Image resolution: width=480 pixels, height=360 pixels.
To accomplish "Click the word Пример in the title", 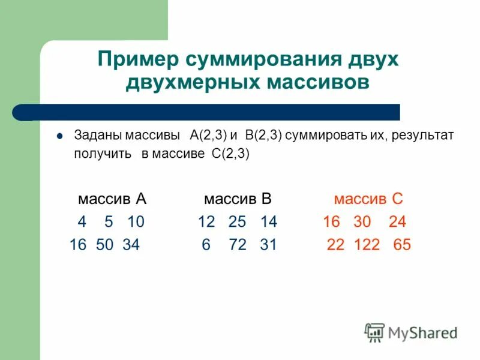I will point(137,60).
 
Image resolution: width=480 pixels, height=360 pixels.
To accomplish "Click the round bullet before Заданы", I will point(59,136).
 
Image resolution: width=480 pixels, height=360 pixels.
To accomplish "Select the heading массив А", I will point(112,199).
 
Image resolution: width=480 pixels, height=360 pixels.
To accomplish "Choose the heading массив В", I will point(238,199).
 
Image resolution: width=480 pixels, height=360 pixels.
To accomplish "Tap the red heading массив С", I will point(369,199).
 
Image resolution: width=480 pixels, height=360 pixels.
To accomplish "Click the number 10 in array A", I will point(136,222).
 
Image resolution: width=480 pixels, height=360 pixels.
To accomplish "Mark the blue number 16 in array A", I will point(78,245).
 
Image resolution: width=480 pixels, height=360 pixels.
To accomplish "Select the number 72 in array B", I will point(238,245).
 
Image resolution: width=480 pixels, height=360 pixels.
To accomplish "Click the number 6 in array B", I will point(206,245).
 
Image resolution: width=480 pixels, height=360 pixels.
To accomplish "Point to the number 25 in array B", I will point(238,222).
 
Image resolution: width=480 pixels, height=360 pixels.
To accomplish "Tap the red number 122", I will point(365,245).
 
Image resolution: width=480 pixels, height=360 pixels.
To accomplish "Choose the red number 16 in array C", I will point(331,222).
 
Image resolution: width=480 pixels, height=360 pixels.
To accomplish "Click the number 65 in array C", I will point(402,245).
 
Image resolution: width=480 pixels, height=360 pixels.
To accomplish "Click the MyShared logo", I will point(411,332).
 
